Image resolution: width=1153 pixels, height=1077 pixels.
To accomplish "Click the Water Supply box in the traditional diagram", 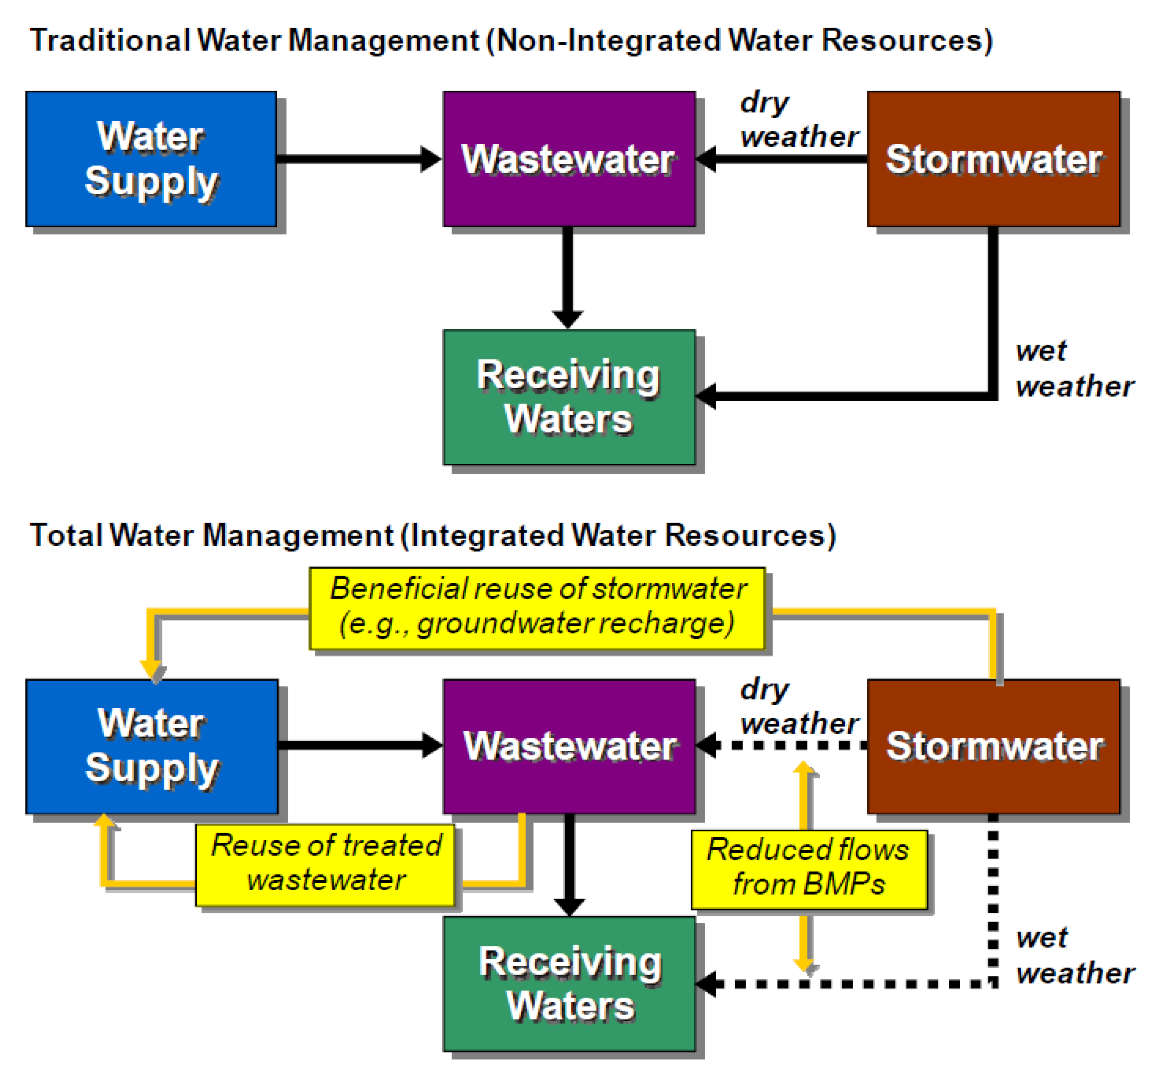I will [x=151, y=159].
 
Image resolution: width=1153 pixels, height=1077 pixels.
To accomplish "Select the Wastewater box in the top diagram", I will [x=569, y=159].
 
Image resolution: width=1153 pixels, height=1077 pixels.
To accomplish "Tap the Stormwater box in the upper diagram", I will [x=993, y=159].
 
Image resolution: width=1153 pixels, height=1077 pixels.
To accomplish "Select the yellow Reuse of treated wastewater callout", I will [x=325, y=865].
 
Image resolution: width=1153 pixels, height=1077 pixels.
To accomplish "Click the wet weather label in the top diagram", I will [x=1074, y=369].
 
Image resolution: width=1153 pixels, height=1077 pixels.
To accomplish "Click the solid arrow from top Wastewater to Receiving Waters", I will [x=568, y=273].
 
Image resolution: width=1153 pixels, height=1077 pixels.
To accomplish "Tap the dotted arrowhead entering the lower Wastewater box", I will [x=707, y=745].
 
